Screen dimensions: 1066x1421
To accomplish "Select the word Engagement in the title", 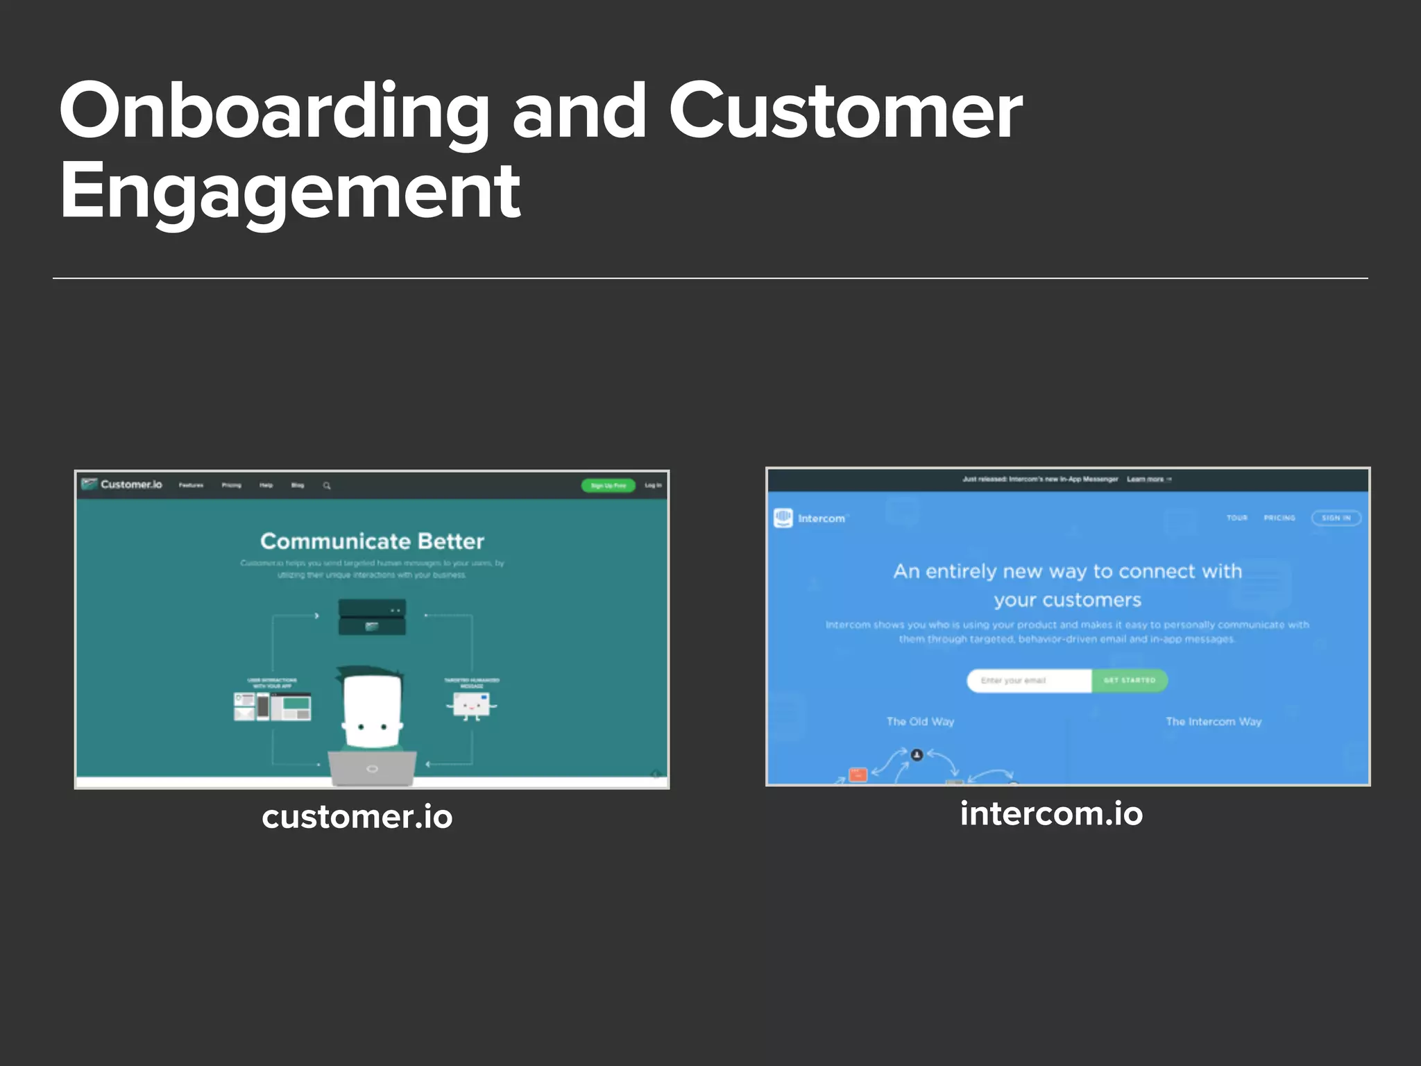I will click(x=290, y=191).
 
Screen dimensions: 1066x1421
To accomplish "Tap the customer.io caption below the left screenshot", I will click(x=357, y=817).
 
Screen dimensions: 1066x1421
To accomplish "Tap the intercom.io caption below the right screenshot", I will click(x=1051, y=813).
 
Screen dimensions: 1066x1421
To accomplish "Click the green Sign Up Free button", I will click(x=608, y=486).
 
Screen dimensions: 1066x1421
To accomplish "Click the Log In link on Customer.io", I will click(x=653, y=486).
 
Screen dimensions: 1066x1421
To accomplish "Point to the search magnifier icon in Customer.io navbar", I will click(x=327, y=486).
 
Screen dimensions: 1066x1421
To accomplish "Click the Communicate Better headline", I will click(x=372, y=541).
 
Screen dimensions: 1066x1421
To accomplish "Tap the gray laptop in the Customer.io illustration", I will click(x=373, y=768).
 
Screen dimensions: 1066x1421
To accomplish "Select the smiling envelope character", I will click(x=471, y=706).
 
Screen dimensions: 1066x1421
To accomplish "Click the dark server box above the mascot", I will click(x=372, y=617).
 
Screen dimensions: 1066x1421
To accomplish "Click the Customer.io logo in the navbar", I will click(x=122, y=484).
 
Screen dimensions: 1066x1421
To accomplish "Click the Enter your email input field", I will click(x=1029, y=681).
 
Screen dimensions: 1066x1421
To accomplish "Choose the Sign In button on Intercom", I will click(x=1336, y=518).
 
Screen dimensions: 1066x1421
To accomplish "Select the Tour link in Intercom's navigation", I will click(x=1236, y=518).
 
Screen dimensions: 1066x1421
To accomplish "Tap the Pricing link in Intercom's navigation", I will click(x=1279, y=518).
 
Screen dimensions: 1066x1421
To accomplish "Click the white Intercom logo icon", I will click(x=783, y=518).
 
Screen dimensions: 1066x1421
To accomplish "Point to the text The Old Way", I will click(x=920, y=722).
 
